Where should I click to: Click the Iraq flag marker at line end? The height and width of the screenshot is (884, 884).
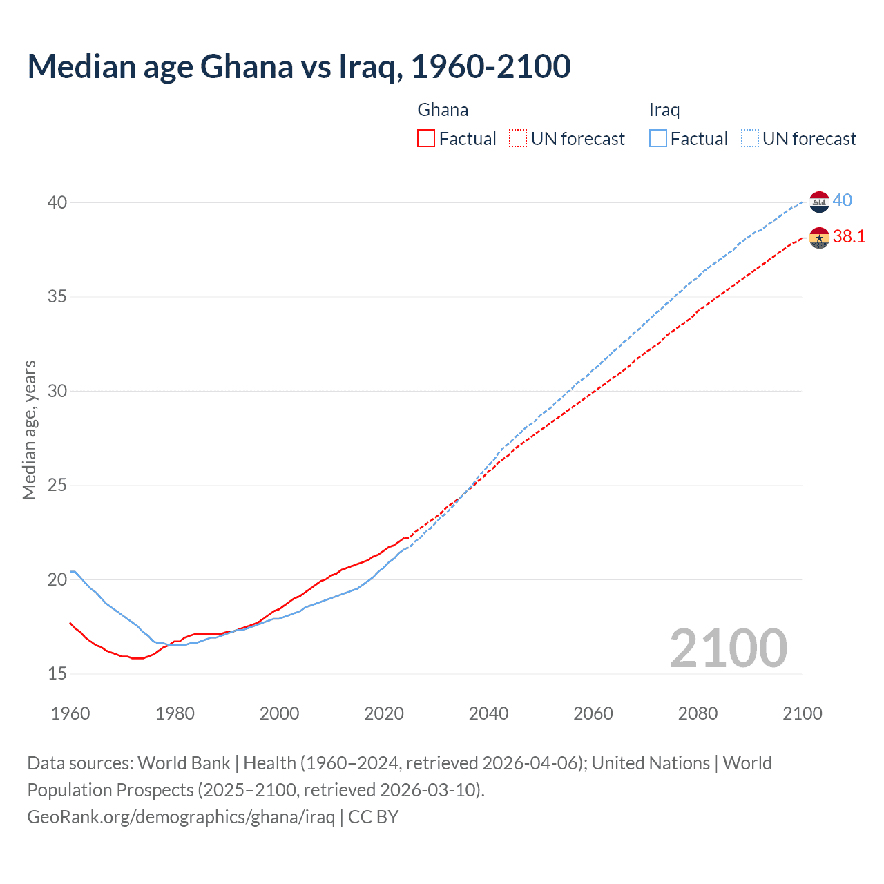click(819, 202)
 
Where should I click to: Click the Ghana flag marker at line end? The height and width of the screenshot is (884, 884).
click(819, 238)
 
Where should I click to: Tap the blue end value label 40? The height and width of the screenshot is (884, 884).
click(842, 201)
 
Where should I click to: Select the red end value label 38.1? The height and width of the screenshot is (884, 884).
click(849, 237)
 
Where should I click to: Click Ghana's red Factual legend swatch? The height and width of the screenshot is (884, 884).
click(426, 138)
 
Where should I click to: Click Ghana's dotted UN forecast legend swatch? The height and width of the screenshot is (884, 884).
click(518, 138)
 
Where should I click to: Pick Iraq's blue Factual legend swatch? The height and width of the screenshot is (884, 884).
click(658, 138)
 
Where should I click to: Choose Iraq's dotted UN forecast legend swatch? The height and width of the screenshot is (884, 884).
click(750, 138)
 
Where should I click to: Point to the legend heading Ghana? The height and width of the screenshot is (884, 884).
click(443, 110)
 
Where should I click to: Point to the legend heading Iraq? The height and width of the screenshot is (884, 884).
click(664, 110)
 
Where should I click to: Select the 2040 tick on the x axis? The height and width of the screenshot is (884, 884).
click(488, 713)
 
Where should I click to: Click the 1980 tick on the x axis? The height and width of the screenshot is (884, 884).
click(175, 713)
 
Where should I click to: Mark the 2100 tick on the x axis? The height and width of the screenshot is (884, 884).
click(802, 713)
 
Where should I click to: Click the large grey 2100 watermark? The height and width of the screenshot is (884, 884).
click(728, 648)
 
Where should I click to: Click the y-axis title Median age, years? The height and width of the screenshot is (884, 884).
click(29, 430)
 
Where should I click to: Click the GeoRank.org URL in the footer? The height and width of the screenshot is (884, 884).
click(181, 817)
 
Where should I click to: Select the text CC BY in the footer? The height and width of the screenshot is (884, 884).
click(373, 817)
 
